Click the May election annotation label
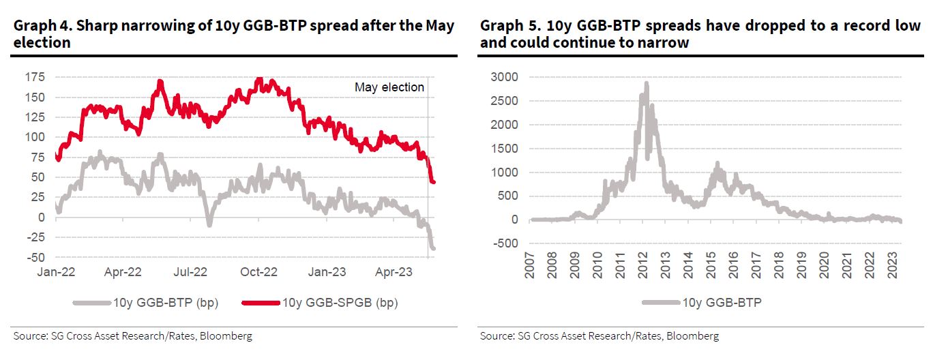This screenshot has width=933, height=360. coord(389,87)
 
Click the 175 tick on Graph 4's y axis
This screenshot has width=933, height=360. coord(35,77)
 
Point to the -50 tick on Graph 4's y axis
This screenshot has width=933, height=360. coord(36,257)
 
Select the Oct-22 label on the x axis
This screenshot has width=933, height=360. coord(259,272)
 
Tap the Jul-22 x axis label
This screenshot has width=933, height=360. coord(191,272)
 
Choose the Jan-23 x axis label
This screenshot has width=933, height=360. coord(327,272)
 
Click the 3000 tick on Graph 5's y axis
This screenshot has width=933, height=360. coord(505,77)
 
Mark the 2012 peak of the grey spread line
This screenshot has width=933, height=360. coord(646,84)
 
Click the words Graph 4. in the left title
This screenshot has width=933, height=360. coord(40,26)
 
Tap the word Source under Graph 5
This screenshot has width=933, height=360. coord(495,336)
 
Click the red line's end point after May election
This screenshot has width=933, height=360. coord(434,181)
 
